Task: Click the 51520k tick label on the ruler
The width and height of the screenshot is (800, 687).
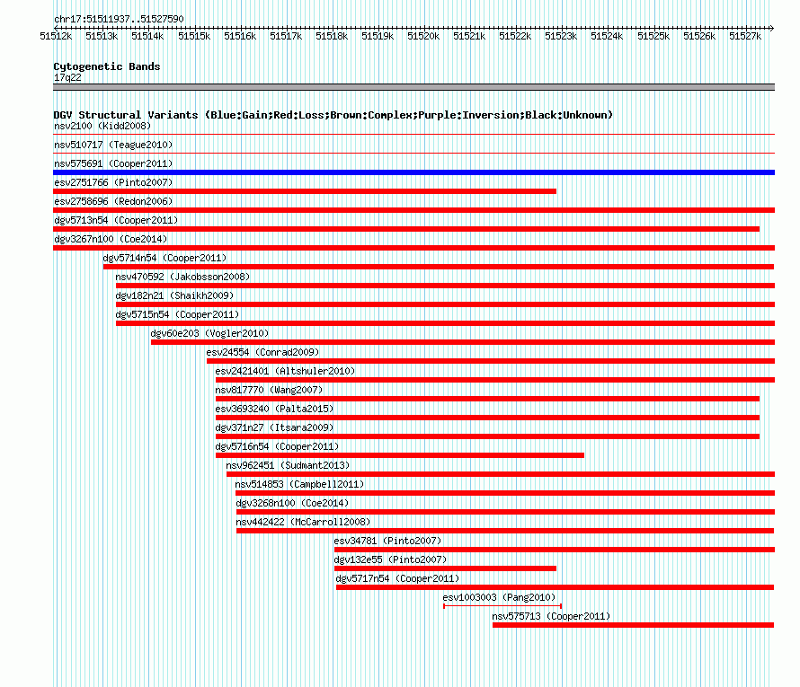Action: (x=423, y=36)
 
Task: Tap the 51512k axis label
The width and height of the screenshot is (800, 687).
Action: (x=56, y=36)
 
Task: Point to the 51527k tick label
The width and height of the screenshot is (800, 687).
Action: (x=745, y=36)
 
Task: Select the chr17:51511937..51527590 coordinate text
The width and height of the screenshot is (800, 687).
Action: (x=119, y=20)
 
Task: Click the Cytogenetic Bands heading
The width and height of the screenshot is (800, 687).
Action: (x=107, y=66)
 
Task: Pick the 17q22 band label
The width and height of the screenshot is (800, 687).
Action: (x=67, y=77)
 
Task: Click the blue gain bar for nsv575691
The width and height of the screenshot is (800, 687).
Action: (x=413, y=172)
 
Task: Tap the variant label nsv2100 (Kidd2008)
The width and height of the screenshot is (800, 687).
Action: (x=102, y=126)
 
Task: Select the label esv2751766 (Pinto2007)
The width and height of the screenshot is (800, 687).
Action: (x=113, y=182)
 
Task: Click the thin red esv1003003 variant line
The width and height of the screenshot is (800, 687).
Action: (x=502, y=606)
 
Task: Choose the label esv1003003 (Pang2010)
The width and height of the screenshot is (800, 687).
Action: (x=499, y=597)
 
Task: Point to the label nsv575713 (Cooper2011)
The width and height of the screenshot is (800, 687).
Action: (x=551, y=616)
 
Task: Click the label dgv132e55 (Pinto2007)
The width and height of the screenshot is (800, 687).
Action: (x=390, y=559)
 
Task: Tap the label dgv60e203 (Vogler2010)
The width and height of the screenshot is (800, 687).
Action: (x=209, y=333)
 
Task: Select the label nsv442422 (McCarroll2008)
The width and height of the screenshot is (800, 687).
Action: (x=303, y=522)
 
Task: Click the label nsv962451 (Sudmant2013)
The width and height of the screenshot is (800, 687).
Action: (x=288, y=465)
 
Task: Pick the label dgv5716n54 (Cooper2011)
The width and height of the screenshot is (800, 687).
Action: (x=277, y=446)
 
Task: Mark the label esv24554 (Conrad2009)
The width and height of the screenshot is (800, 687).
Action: (x=262, y=352)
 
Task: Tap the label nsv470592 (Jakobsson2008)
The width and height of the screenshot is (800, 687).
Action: (x=182, y=277)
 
